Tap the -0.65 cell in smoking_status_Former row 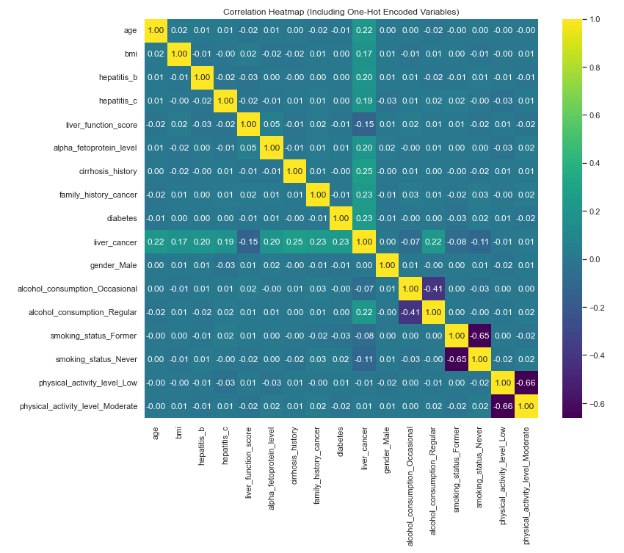[480, 335]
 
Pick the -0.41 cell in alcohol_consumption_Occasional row [433, 289]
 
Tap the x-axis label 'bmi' [179, 434]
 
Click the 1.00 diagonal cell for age [156, 30]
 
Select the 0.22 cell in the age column [156, 242]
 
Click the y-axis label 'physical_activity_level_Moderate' [79, 405]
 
